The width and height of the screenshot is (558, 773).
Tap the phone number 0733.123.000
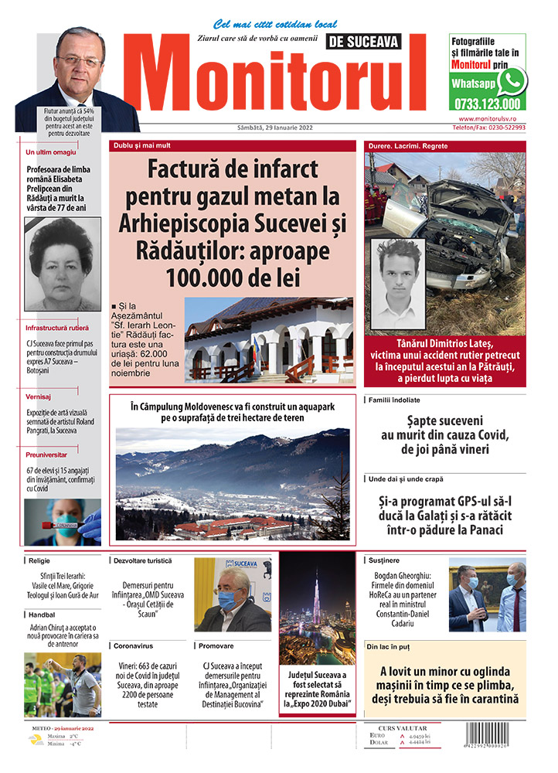coord(488,104)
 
